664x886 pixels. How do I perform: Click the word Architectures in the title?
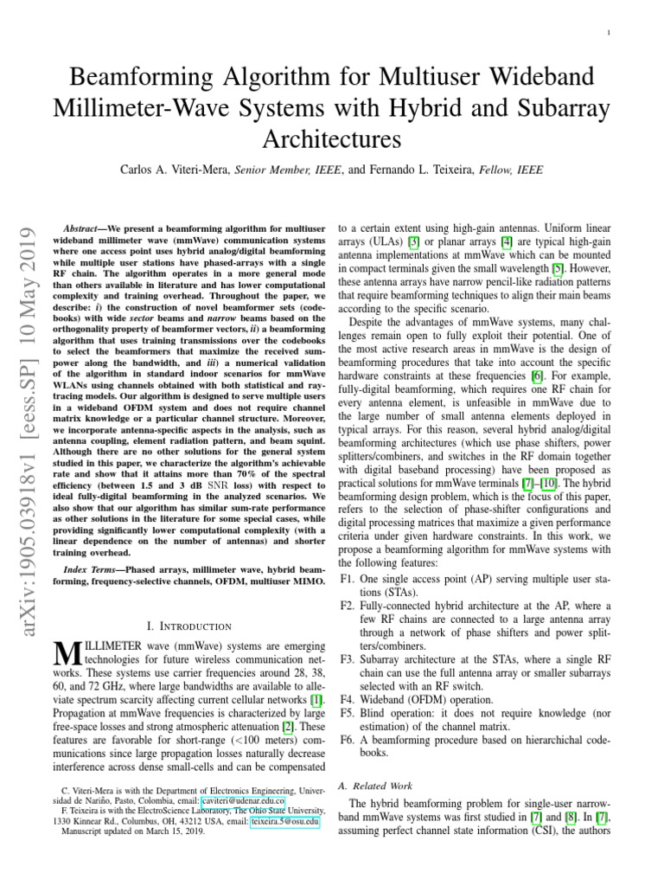click(331, 138)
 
